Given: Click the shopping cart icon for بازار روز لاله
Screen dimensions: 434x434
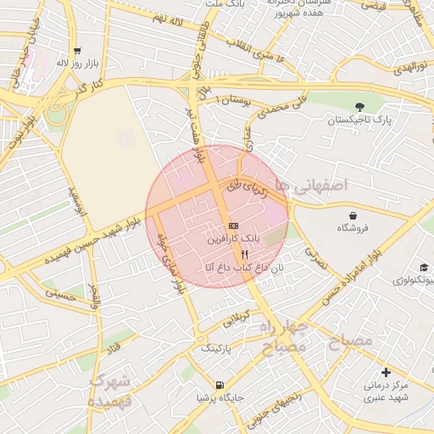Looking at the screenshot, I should [x=77, y=50].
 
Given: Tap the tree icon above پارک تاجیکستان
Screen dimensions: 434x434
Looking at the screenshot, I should [x=360, y=107].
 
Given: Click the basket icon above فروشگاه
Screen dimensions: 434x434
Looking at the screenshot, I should [x=346, y=214].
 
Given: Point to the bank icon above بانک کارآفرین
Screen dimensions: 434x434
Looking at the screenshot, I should [x=233, y=225].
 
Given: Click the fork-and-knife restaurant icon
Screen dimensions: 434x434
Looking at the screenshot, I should [x=245, y=253].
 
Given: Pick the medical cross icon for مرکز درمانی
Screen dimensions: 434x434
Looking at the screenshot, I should [x=387, y=371].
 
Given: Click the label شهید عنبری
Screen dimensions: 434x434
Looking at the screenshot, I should [x=387, y=397].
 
